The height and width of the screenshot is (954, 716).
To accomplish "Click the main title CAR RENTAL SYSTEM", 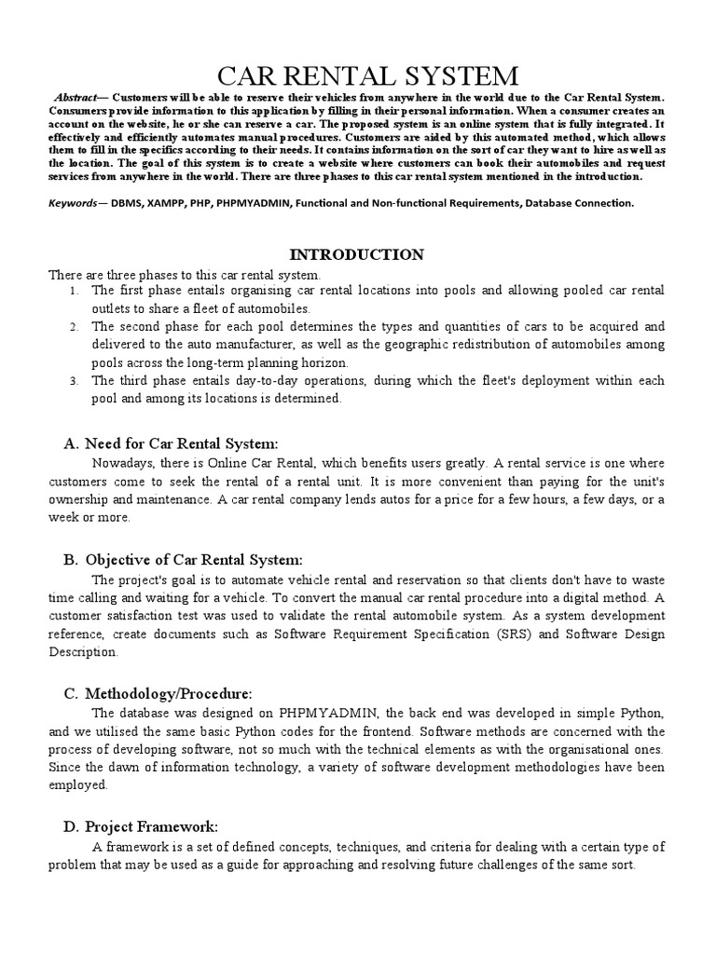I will pyautogui.click(x=357, y=75).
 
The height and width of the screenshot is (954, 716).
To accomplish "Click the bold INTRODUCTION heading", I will pyautogui.click(x=357, y=254).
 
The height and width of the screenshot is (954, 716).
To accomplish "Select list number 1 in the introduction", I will pyautogui.click(x=74, y=292).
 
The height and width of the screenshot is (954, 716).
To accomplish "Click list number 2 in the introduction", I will pyautogui.click(x=74, y=327).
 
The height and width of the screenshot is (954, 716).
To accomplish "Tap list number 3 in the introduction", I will pyautogui.click(x=74, y=381).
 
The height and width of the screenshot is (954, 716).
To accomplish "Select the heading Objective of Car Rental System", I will pyautogui.click(x=194, y=559).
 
